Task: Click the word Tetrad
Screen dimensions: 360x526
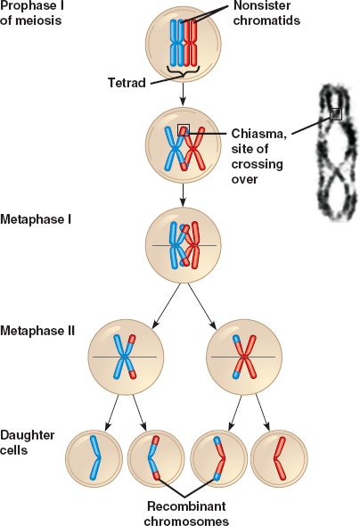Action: pyautogui.click(x=127, y=83)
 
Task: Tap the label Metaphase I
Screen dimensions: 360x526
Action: pyautogui.click(x=36, y=219)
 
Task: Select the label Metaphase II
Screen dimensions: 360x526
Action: pyautogui.click(x=37, y=331)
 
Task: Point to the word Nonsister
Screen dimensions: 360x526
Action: pyautogui.click(x=262, y=5)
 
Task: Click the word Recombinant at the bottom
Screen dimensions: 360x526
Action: pyautogui.click(x=186, y=506)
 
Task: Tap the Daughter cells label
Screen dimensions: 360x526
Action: pyautogui.click(x=27, y=442)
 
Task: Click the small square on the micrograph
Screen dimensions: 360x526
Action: pyautogui.click(x=336, y=114)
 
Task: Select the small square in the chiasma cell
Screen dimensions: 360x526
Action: pyautogui.click(x=184, y=130)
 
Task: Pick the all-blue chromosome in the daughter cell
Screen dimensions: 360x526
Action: pyautogui.click(x=95, y=457)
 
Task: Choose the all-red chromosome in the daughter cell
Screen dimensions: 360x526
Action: pyautogui.click(x=280, y=458)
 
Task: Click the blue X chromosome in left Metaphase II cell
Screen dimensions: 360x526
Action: pyautogui.click(x=125, y=357)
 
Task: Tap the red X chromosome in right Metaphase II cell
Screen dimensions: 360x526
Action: pyautogui.click(x=244, y=357)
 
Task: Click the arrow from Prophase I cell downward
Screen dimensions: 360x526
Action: pyautogui.click(x=183, y=94)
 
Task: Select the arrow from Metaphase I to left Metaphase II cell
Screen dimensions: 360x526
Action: pyautogui.click(x=166, y=306)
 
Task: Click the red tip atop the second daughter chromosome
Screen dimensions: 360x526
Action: pyautogui.click(x=156, y=440)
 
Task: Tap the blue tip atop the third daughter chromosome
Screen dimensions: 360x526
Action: pyautogui.click(x=217, y=440)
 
